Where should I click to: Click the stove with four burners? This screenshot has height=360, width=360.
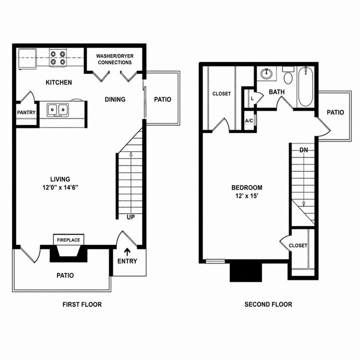click(58, 58)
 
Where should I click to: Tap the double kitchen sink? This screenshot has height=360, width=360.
click(58, 110)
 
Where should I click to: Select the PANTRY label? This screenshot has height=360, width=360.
click(27, 112)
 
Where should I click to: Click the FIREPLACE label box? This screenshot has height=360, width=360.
click(69, 240)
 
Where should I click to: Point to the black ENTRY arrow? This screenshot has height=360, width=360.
click(127, 252)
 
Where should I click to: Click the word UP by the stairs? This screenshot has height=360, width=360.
click(131, 217)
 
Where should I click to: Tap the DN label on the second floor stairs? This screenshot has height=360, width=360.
click(304, 150)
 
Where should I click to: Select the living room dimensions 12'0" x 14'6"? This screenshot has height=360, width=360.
click(60, 188)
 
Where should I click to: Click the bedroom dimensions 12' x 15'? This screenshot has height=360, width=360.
click(247, 196)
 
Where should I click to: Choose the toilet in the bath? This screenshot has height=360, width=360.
click(288, 75)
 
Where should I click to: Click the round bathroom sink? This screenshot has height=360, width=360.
click(266, 74)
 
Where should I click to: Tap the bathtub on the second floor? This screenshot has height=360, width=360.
click(306, 86)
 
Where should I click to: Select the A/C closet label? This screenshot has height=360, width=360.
click(249, 121)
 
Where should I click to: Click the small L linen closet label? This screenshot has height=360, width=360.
click(253, 99)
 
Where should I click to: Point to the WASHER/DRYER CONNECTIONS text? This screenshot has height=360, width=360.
click(115, 59)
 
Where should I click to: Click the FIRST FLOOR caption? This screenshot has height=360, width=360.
click(82, 305)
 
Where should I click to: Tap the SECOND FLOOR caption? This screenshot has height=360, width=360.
click(268, 305)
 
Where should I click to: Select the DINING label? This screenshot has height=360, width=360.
click(115, 99)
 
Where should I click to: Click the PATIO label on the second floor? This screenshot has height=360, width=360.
click(336, 112)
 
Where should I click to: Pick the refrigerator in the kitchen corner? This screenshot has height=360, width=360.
click(28, 59)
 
